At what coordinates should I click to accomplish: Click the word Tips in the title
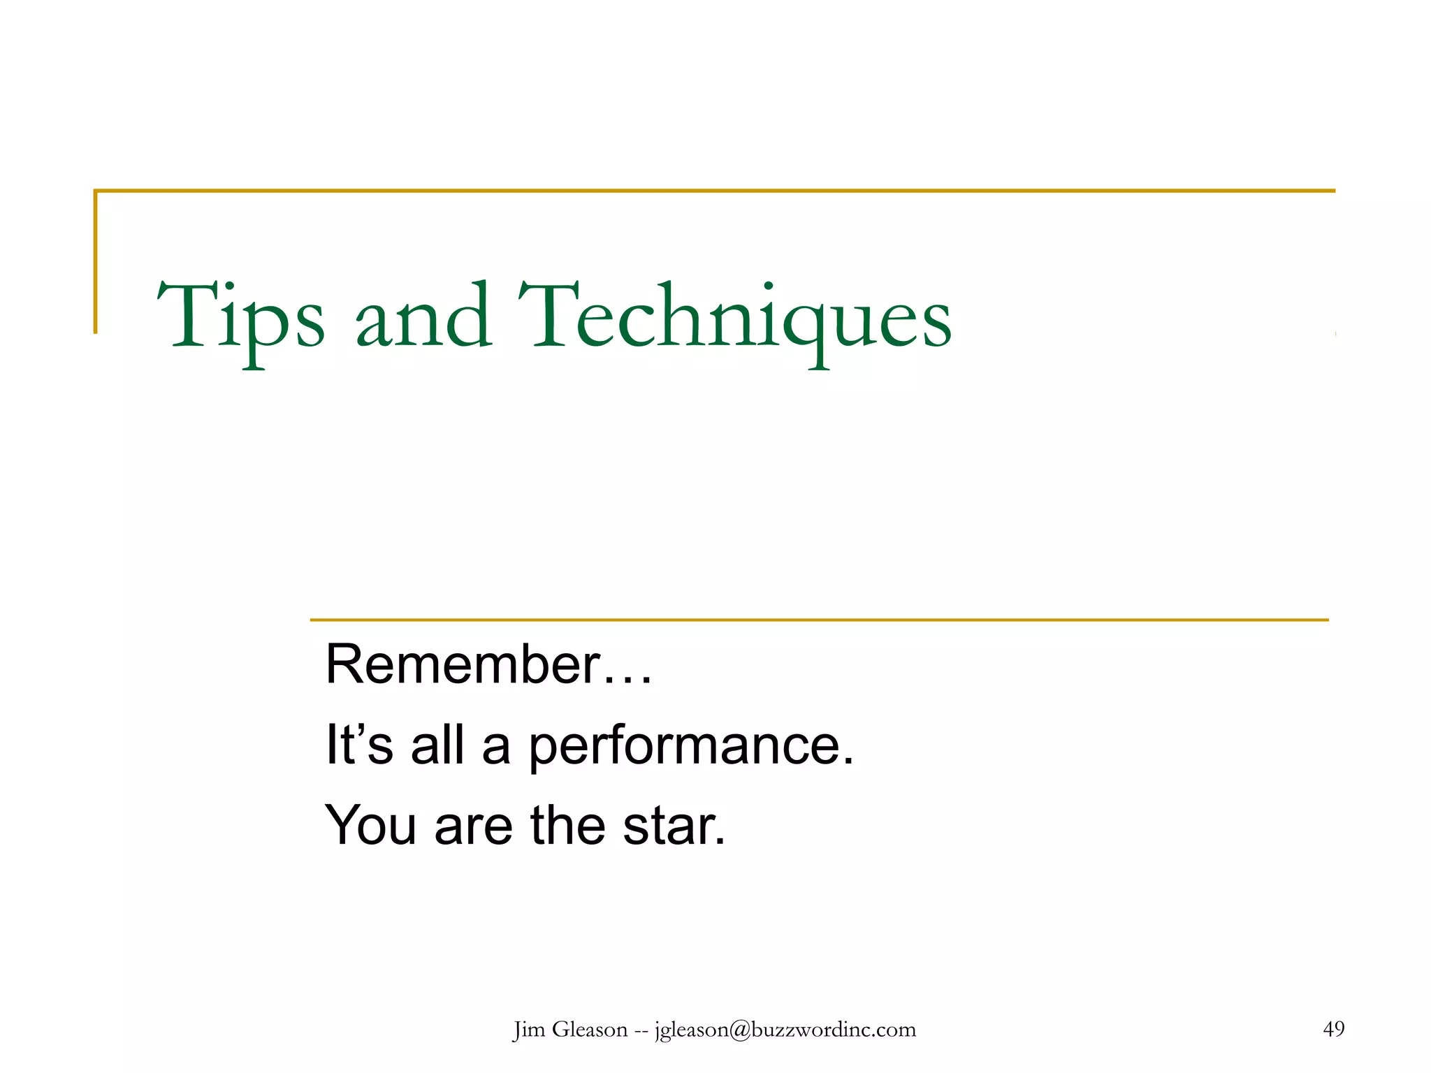pyautogui.click(x=241, y=318)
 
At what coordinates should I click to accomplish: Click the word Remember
pyautogui.click(x=463, y=664)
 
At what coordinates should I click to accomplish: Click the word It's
pyautogui.click(x=359, y=745)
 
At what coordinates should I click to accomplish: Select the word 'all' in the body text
pyautogui.click(x=437, y=745)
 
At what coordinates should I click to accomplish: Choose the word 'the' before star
pyautogui.click(x=567, y=826)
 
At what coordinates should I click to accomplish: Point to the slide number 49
pyautogui.click(x=1333, y=1028)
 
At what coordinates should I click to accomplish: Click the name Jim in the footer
pyautogui.click(x=528, y=1030)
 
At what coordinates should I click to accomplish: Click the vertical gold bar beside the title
pyautogui.click(x=96, y=262)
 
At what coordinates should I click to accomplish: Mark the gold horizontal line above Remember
pyautogui.click(x=819, y=620)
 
